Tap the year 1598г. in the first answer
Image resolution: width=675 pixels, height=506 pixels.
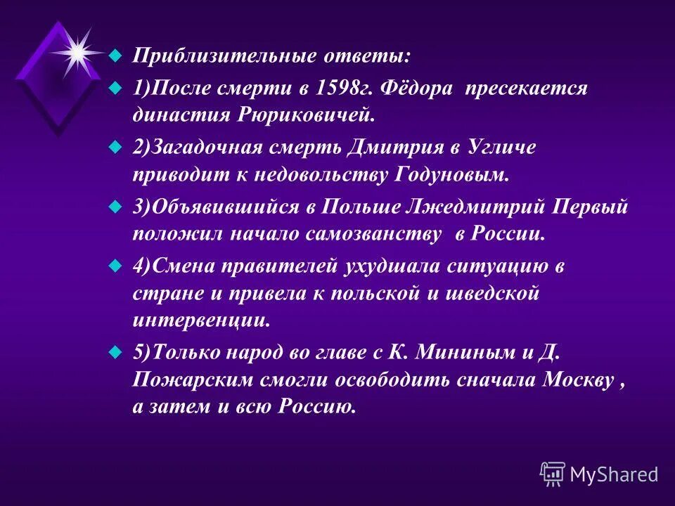[330, 89]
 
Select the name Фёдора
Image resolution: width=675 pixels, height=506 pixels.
[413, 89]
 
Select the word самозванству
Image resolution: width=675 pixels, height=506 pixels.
[372, 234]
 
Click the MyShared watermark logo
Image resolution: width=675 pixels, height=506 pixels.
[598, 474]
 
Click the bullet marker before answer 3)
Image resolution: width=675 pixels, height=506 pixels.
[116, 208]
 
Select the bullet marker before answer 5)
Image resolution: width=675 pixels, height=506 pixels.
[116, 353]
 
